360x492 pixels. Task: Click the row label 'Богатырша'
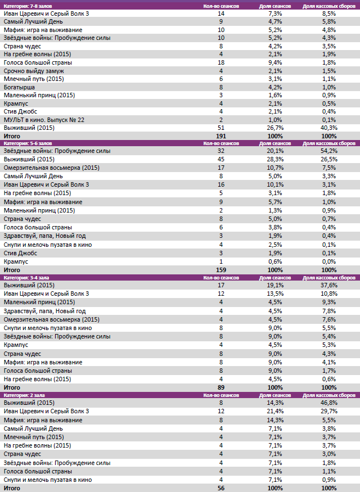click(19, 87)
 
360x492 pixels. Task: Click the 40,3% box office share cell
click(329, 128)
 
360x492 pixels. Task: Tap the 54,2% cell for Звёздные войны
click(329, 151)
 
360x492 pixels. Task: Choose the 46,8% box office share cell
click(329, 403)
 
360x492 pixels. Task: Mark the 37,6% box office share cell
click(329, 285)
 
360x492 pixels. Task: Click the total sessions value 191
click(221, 136)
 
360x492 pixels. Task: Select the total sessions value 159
click(221, 270)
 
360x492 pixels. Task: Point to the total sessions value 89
click(221, 387)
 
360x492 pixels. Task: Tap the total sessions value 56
click(221, 488)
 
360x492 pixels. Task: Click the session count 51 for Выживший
click(221, 128)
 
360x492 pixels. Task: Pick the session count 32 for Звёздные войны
click(221, 151)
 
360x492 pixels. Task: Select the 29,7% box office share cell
click(329, 411)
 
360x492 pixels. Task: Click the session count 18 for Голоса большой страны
click(221, 62)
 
